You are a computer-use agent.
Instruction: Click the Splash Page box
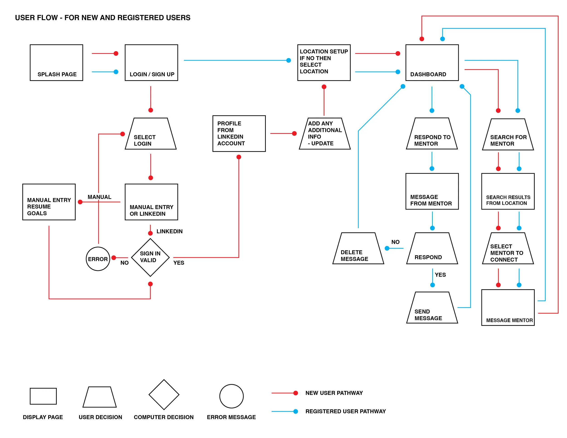56,63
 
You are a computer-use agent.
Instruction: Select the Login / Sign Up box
151,63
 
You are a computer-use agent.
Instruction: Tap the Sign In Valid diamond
150,257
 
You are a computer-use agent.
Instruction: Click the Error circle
98,259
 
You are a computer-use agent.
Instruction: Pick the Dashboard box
432,63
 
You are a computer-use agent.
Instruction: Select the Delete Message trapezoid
358,248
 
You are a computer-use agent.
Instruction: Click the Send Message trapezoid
432,307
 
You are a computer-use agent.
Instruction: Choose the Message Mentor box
508,307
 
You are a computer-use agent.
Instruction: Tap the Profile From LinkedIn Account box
239,133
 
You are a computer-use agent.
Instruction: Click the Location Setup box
324,63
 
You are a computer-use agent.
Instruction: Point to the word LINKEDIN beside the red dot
169,231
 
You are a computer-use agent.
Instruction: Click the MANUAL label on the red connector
99,197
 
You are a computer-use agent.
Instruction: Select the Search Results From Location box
508,191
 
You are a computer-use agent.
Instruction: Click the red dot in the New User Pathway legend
296,393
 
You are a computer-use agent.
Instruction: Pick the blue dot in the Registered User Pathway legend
296,411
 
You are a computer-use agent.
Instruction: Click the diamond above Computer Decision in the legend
164,394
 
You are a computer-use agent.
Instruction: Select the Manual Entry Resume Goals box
49,202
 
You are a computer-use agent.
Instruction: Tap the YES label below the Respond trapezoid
440,275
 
